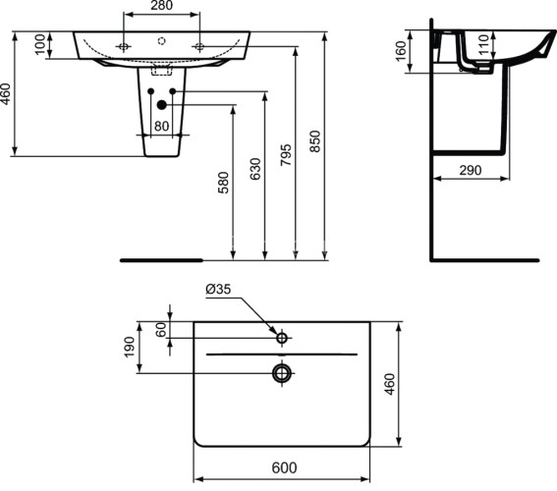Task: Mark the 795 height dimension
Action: coord(286,160)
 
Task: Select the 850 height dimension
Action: coord(316,142)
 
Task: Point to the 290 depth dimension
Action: coord(470,170)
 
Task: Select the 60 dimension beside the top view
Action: coord(160,329)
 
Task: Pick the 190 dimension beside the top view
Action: coord(129,347)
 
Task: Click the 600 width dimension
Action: coord(282,469)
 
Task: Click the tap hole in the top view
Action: coord(282,339)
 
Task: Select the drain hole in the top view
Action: coord(282,373)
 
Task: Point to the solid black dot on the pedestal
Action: coord(161,106)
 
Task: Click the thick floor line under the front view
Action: coord(160,261)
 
